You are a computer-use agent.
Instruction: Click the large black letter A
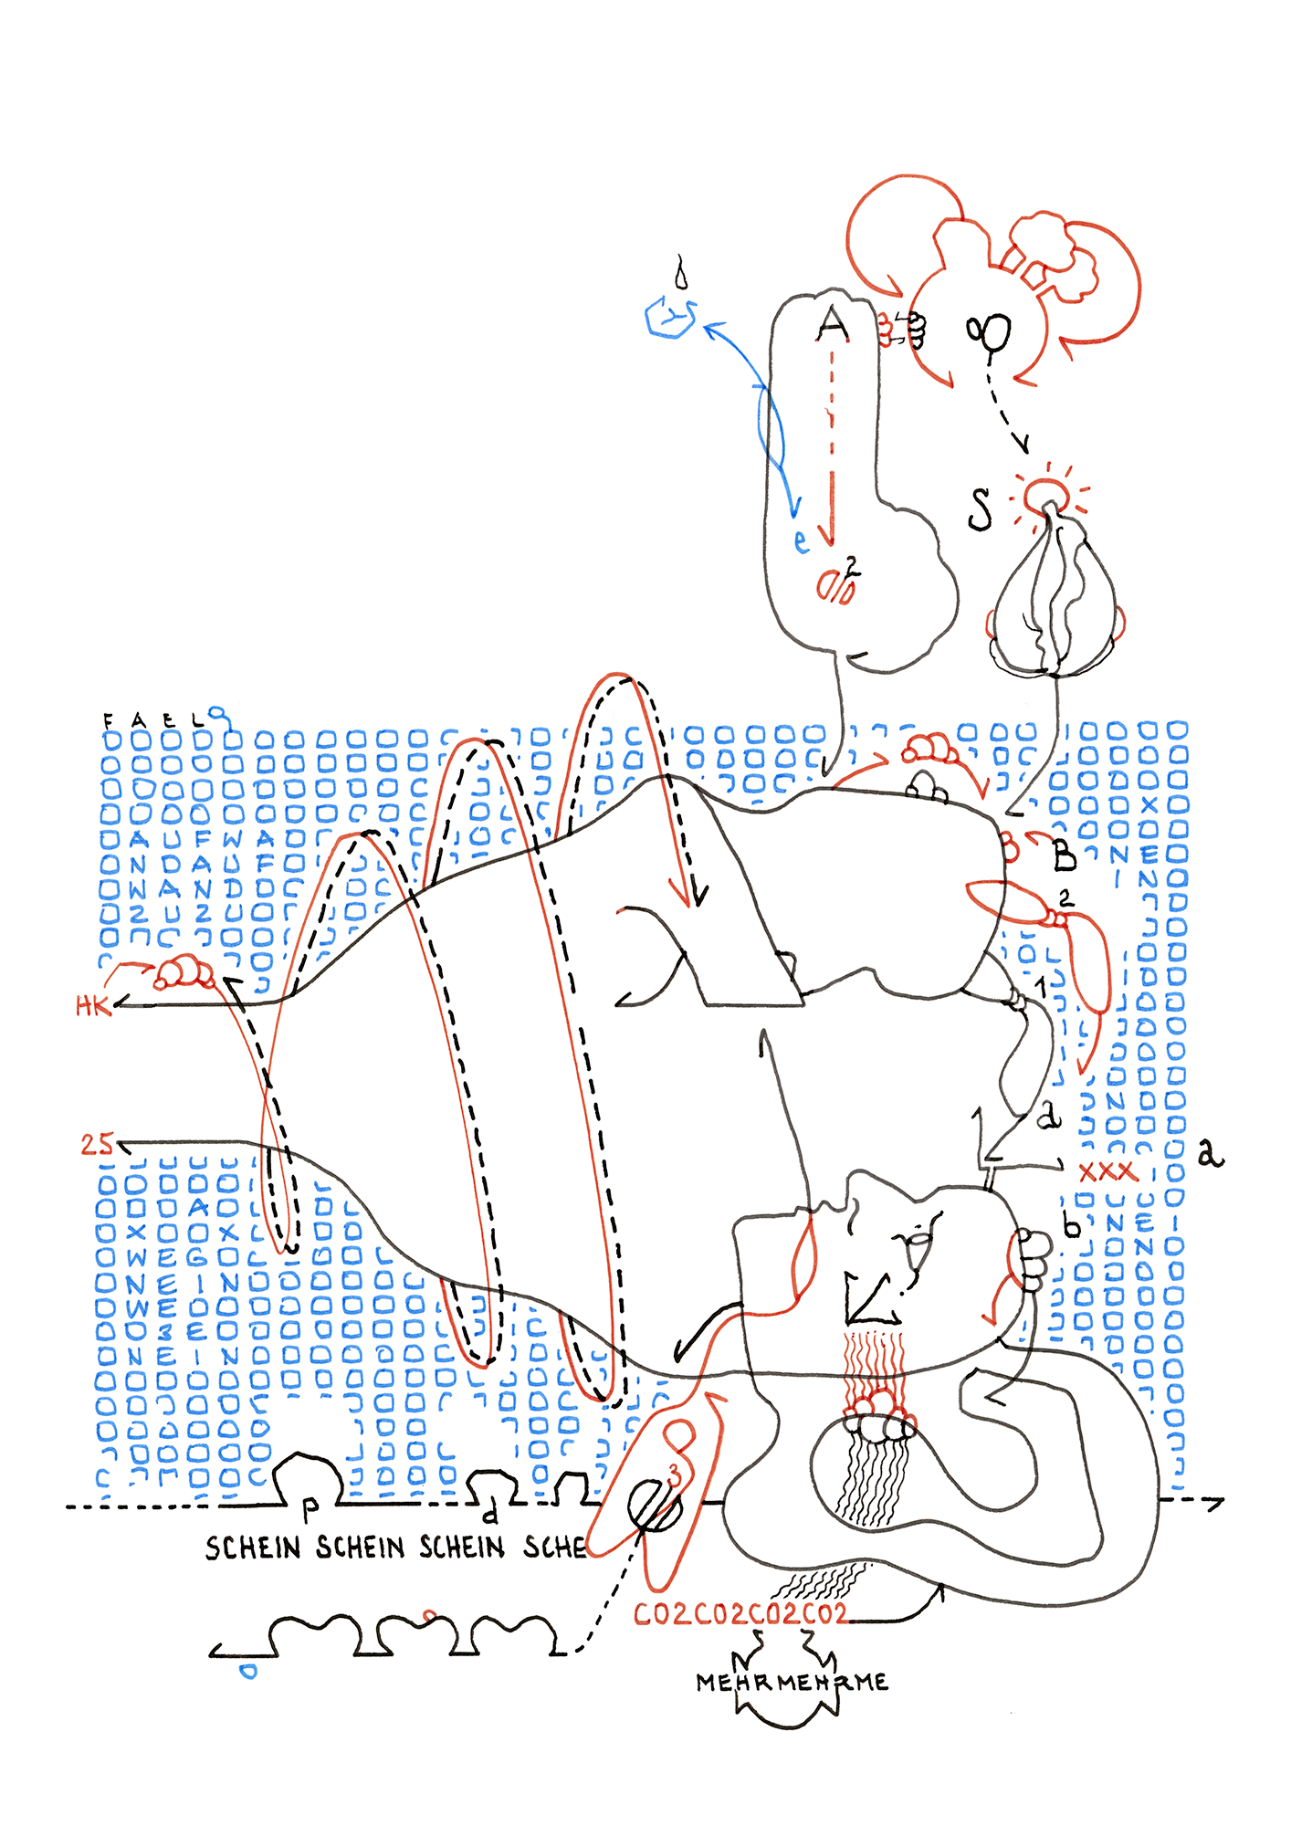pos(832,324)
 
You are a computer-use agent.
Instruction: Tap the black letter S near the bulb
pos(980,509)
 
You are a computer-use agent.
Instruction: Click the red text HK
pos(92,1006)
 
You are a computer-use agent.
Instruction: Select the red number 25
pos(97,1144)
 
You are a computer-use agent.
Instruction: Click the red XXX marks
pos(1107,1171)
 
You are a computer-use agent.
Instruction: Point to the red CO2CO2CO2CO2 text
pos(740,1614)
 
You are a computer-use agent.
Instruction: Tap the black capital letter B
pos(1064,856)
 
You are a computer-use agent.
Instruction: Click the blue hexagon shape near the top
pos(670,318)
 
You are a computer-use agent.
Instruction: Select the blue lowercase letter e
pos(801,541)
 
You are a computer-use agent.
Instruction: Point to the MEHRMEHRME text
pos(791,1682)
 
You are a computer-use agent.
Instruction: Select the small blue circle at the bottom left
pos(247,1671)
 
